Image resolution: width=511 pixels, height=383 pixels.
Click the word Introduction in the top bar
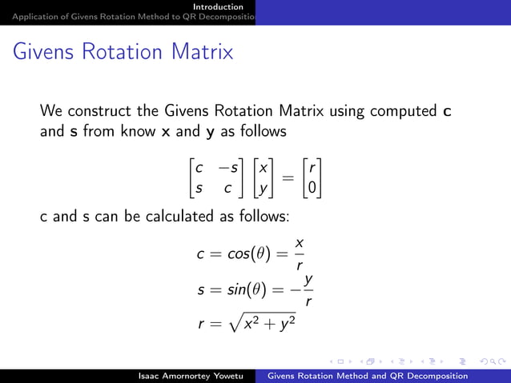223,6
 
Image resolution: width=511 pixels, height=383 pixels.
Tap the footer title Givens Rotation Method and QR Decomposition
367,376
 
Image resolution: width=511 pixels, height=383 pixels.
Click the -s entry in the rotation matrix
231,169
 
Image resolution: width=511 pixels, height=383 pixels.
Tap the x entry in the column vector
262,169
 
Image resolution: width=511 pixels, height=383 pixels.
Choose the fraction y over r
308,290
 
